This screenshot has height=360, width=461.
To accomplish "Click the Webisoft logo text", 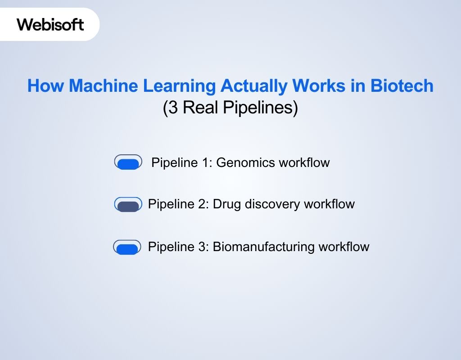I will [x=50, y=24].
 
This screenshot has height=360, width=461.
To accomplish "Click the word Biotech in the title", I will [x=402, y=86].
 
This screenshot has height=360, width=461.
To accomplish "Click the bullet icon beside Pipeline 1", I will [x=128, y=162].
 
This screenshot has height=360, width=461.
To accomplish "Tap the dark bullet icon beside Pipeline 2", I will [x=128, y=205].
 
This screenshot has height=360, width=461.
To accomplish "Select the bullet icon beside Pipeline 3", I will [x=127, y=247].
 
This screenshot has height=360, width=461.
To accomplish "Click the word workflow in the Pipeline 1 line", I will [x=304, y=162].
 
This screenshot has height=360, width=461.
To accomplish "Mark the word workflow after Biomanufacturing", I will [x=343, y=247].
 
